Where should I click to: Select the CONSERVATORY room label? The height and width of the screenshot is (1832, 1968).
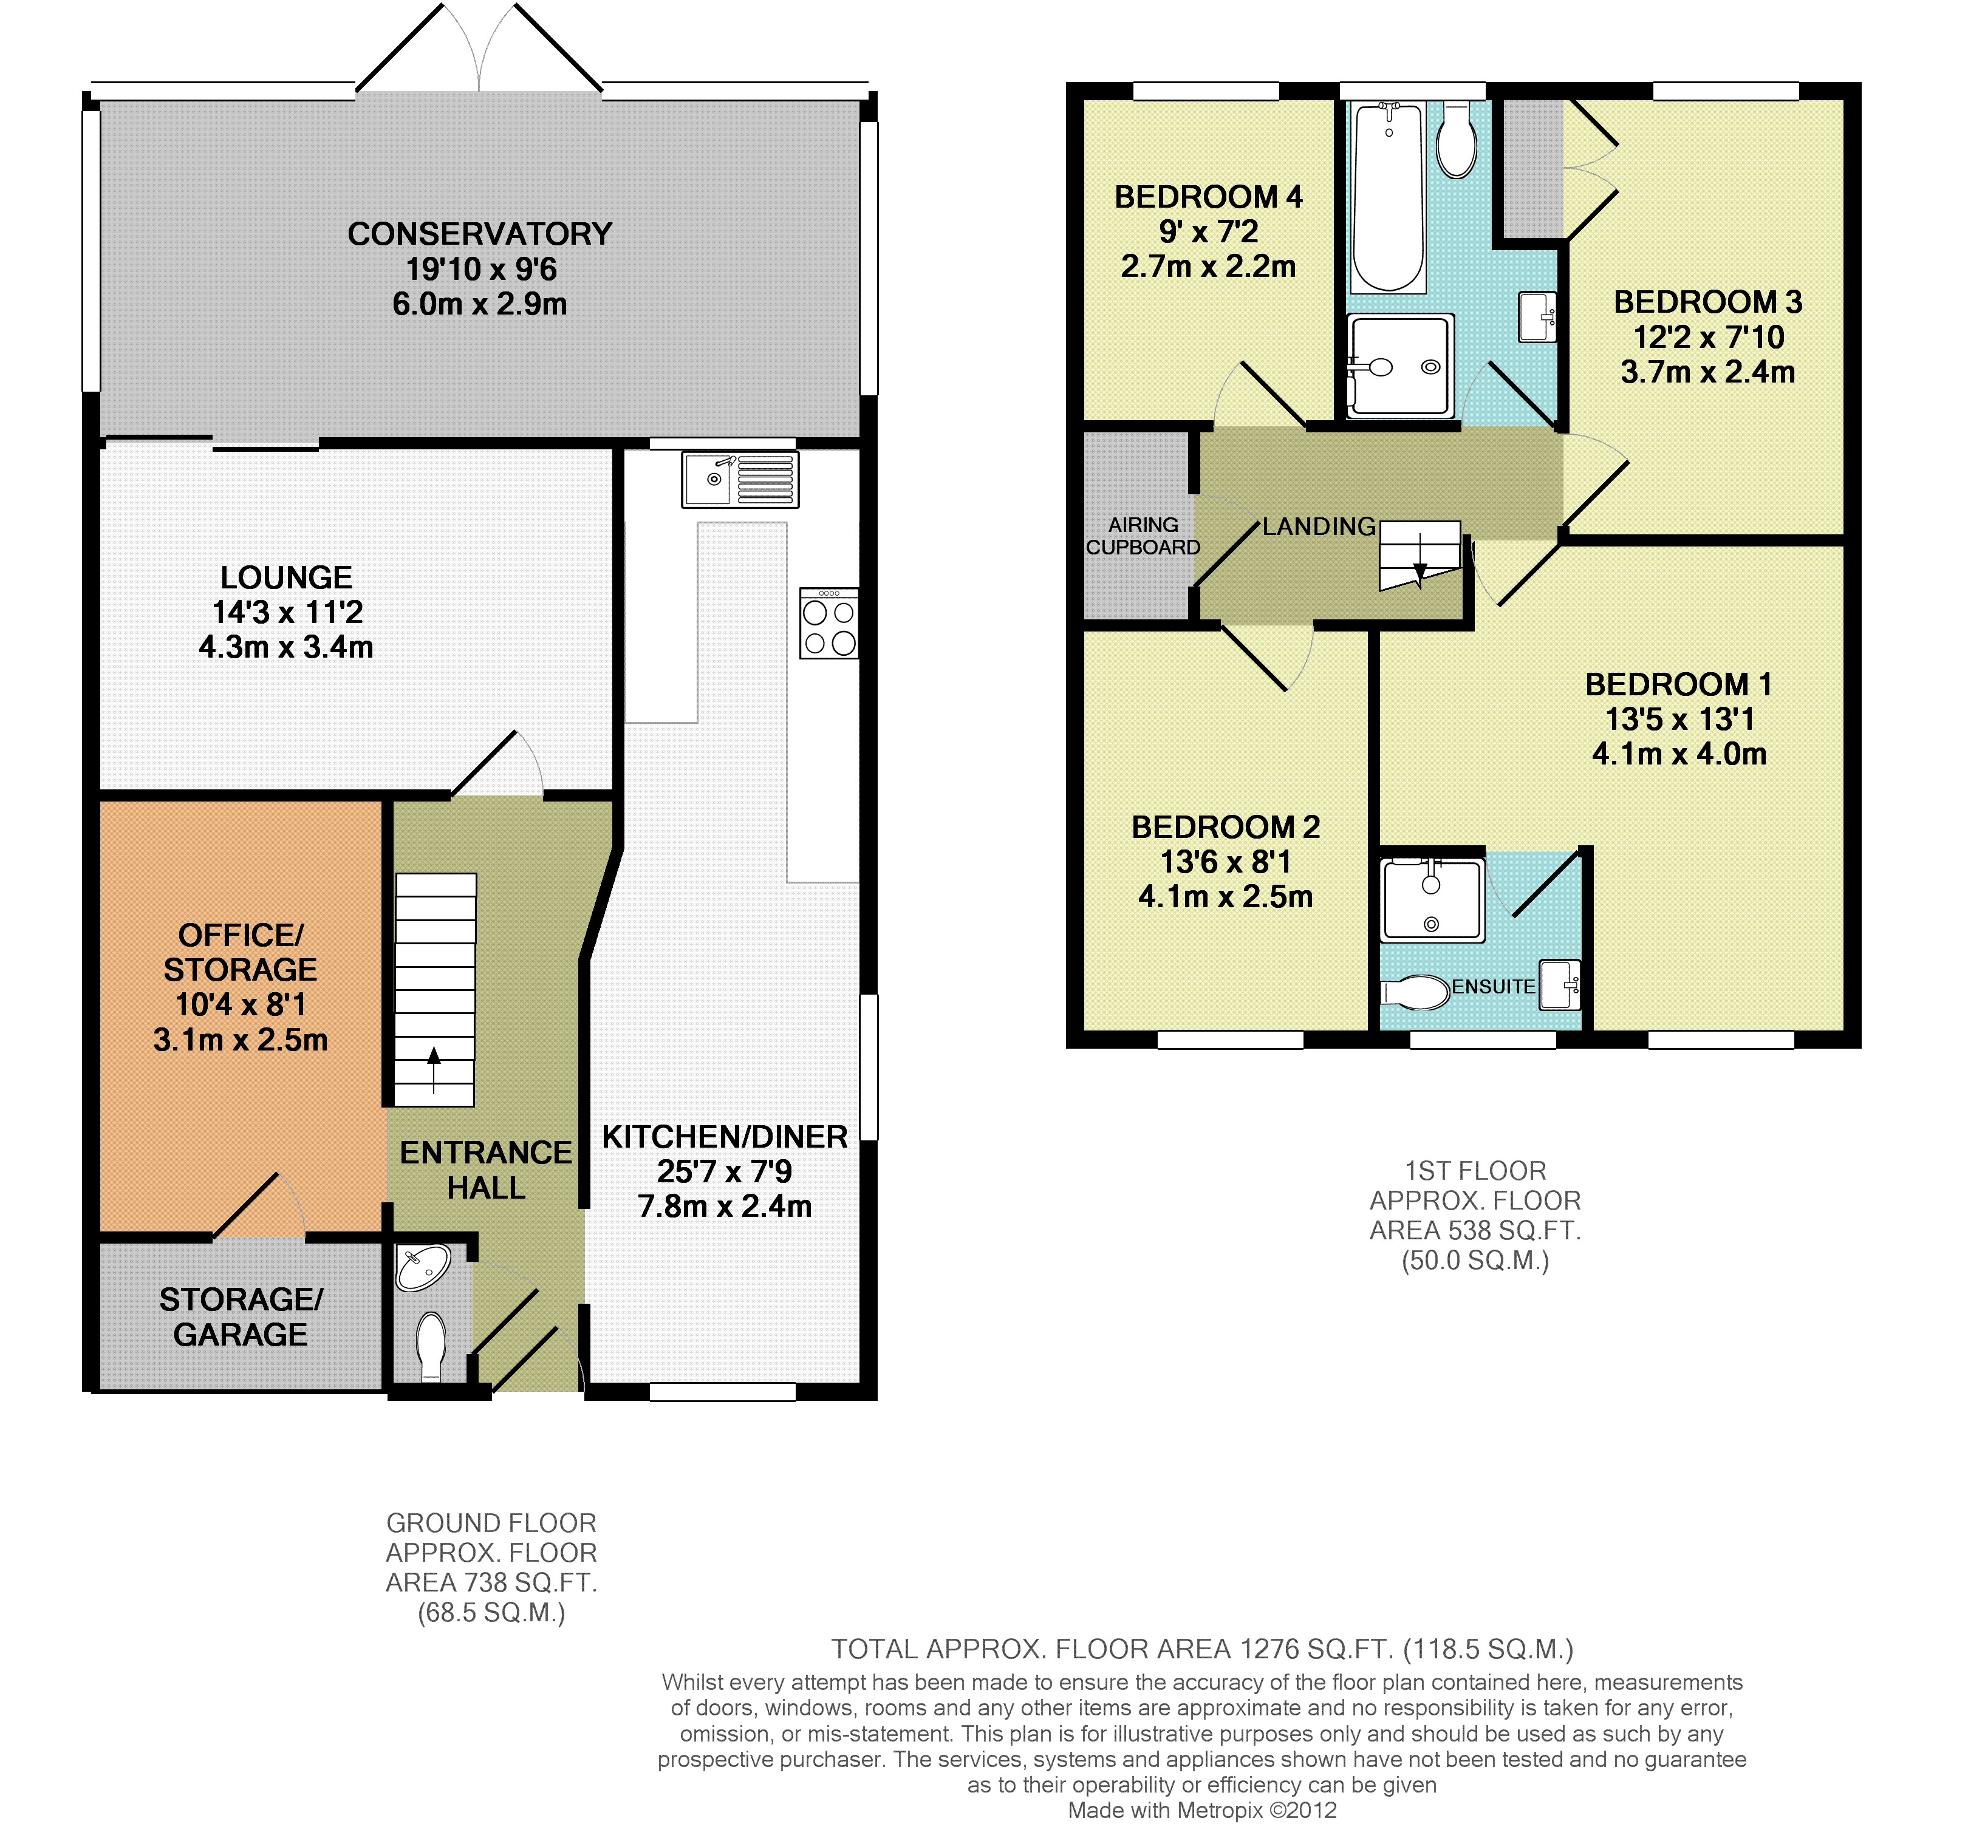[x=480, y=234]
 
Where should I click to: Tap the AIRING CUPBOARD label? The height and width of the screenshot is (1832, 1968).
[x=1143, y=536]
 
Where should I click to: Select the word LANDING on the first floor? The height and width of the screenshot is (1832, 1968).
[x=1319, y=526]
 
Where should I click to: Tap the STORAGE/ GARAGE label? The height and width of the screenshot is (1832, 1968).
[x=241, y=1316]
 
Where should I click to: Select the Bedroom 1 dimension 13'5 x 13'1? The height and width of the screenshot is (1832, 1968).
[x=1680, y=720]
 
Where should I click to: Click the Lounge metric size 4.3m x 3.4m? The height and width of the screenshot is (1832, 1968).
[x=286, y=647]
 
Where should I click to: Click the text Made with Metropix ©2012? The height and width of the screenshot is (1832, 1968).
[x=1202, y=1810]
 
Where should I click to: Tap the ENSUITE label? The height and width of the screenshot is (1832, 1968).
[x=1493, y=987]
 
